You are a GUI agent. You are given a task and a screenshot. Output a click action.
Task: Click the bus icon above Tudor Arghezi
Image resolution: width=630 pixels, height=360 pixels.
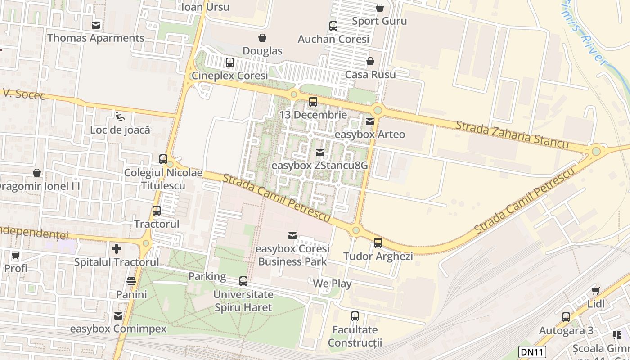point(378,243)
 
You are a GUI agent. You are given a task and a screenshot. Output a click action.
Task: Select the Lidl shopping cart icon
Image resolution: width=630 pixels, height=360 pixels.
point(596,291)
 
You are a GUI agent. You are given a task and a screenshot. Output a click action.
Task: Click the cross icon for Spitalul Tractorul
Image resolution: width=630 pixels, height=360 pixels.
point(117,248)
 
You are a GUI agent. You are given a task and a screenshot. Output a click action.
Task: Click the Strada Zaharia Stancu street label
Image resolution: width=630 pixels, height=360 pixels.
point(512,135)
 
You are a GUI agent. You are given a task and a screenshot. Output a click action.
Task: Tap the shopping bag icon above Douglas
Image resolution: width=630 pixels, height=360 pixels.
point(262,38)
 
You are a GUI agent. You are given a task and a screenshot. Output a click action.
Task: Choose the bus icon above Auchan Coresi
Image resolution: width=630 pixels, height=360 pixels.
point(333,26)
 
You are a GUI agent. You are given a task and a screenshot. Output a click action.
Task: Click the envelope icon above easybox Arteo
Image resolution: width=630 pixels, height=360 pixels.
point(370,121)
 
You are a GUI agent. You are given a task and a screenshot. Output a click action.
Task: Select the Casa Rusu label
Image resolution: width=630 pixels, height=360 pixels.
point(371,74)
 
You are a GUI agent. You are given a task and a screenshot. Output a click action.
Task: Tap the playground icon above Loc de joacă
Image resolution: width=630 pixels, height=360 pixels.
point(120,117)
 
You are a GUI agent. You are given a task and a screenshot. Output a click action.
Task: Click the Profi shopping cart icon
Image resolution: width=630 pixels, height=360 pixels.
point(16,256)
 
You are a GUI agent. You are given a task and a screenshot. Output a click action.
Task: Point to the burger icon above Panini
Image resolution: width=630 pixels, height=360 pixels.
point(131,282)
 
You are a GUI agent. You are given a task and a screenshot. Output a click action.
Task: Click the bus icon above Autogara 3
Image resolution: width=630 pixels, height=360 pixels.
point(566,317)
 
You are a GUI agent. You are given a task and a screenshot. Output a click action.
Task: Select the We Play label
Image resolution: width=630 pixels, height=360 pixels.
point(332,283)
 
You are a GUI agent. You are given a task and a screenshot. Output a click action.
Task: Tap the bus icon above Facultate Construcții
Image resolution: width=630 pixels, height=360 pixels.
point(355,316)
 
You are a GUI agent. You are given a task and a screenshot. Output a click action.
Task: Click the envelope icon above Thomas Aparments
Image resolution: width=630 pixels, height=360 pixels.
point(96,25)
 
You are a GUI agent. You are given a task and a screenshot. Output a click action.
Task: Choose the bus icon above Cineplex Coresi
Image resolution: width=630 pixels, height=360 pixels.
point(230,63)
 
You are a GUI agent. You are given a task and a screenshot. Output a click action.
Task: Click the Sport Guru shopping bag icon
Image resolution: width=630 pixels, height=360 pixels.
point(380,8)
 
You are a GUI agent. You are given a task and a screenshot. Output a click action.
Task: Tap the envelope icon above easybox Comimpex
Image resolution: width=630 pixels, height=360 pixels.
point(118,316)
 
